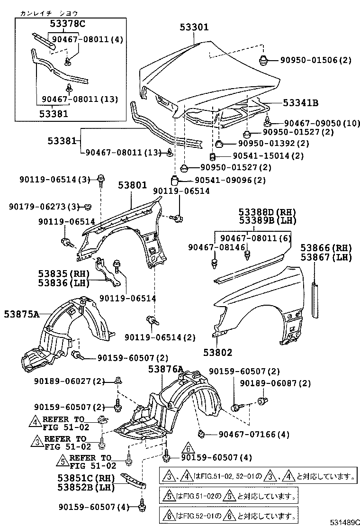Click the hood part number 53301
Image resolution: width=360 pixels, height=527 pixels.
coord(194,27)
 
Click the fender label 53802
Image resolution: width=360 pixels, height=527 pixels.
coord(218,352)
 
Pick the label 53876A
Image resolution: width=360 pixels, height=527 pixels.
coord(165,369)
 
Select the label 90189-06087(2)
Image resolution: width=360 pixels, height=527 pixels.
coord(276,383)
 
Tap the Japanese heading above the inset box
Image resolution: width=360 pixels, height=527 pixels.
coord(49,13)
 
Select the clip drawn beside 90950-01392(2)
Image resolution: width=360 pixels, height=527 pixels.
coord(220,144)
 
